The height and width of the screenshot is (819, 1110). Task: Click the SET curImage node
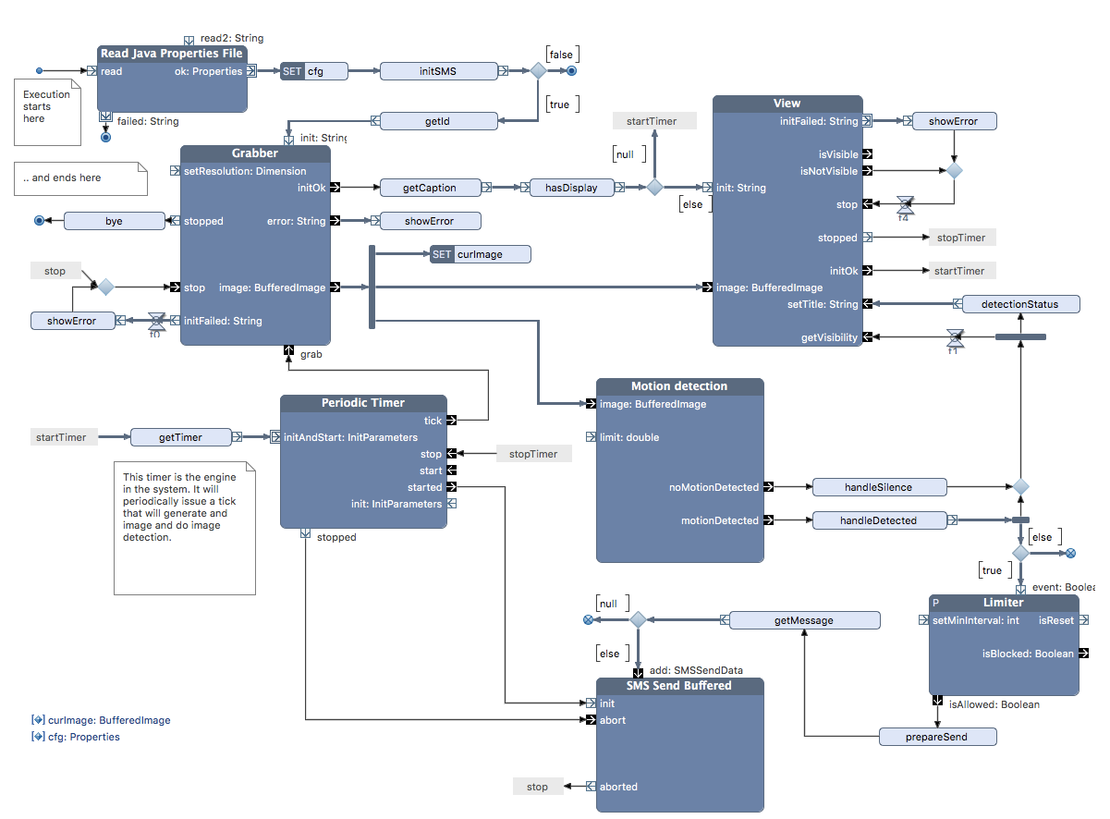coord(481,254)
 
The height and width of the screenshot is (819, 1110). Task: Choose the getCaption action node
coord(430,188)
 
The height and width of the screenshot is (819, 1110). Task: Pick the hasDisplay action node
coord(570,188)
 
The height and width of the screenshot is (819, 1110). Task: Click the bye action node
coord(114,221)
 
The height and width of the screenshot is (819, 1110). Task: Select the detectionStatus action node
coord(1019,304)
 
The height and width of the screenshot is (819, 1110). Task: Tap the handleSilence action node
coord(878,487)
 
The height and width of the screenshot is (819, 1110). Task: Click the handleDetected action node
coord(878,520)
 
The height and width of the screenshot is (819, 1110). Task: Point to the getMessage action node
coord(803,620)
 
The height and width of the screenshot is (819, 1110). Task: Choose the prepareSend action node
coord(937,737)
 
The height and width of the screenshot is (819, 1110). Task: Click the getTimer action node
coord(180,437)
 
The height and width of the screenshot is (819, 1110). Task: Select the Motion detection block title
coord(679,386)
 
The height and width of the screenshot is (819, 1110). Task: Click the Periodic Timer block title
coord(363,403)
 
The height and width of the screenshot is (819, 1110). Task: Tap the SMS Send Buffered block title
coord(679,686)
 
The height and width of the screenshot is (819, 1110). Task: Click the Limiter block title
coord(1004,603)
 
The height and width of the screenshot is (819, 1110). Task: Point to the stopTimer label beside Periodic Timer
coord(533,454)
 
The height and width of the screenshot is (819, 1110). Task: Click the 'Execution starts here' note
coord(48,107)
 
